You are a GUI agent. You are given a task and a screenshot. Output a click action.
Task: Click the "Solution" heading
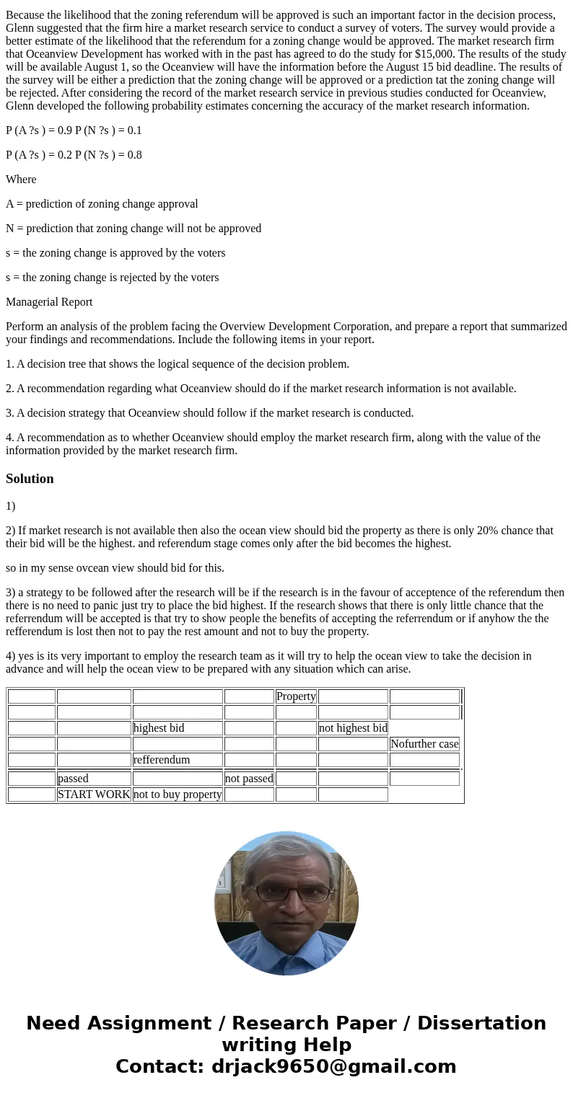30,479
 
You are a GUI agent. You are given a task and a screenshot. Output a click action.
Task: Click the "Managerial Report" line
49,302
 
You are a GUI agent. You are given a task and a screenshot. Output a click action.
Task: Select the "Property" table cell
296,696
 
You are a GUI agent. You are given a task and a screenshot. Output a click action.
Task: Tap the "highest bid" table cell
159,728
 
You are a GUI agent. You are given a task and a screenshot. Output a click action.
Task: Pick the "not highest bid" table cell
353,728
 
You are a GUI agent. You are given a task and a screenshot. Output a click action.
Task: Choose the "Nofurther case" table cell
424,744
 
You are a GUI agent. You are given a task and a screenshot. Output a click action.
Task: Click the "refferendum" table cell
162,760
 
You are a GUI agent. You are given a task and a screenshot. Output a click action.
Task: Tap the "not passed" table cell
249,779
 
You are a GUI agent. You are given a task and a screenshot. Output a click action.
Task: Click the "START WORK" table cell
94,794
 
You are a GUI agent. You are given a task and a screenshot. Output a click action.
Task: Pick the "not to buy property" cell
178,794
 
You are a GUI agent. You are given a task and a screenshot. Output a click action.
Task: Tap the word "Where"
21,180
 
